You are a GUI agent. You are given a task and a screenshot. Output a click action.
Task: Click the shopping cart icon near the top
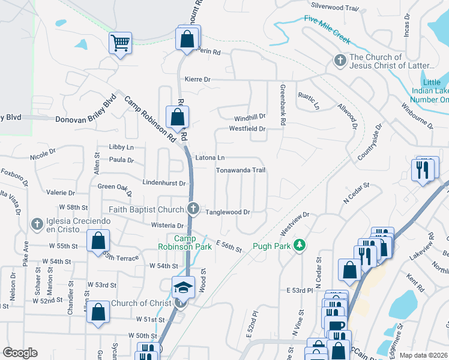[120, 43]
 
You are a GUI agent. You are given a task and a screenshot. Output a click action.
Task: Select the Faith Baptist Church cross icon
[193, 209]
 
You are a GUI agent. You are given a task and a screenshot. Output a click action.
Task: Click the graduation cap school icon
[183, 287]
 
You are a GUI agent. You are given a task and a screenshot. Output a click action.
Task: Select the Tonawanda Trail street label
[241, 170]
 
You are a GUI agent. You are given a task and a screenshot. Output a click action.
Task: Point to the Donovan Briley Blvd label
[85, 119]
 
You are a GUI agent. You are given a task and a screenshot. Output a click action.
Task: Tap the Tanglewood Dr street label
[228, 212]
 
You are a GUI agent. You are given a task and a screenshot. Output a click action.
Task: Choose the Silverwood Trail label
[335, 7]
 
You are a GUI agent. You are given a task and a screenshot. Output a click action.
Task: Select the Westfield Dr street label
[247, 129]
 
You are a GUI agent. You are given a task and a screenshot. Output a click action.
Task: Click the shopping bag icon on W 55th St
[98, 242]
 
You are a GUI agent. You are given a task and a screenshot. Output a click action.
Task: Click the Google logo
[20, 353]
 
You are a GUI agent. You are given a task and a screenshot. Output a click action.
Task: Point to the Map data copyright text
[423, 355]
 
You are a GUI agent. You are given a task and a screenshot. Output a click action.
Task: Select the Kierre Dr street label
[198, 79]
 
